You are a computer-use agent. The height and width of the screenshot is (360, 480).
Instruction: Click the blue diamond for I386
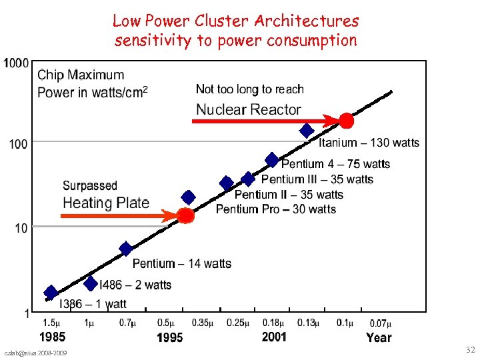[51, 293]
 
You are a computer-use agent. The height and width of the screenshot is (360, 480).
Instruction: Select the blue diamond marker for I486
[91, 284]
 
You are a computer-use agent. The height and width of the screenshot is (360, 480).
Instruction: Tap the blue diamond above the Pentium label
[125, 249]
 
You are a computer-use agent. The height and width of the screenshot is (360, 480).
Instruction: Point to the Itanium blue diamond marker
[306, 131]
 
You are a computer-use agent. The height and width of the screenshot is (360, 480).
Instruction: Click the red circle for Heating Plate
[186, 216]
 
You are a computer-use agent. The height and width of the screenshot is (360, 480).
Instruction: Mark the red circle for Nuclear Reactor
[346, 121]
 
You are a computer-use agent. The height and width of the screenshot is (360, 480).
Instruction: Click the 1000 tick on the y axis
[16, 63]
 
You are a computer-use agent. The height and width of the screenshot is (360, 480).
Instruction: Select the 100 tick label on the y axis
[19, 143]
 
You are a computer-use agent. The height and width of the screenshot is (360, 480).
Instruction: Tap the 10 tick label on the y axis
[21, 229]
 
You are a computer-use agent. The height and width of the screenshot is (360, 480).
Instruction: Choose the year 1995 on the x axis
[169, 338]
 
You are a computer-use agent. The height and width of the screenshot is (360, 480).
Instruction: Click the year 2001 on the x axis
[274, 337]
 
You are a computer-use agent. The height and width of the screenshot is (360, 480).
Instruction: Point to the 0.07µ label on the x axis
[379, 323]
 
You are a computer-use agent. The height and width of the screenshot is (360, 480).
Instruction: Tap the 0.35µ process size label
[203, 323]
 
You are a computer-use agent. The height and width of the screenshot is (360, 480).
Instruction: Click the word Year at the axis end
[379, 337]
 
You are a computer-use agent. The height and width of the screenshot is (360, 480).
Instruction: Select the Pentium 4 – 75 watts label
[335, 164]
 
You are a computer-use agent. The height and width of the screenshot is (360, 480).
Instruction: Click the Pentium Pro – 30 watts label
[276, 209]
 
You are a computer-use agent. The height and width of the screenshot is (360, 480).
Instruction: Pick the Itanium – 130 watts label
[369, 143]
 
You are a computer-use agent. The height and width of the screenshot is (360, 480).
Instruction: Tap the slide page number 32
[470, 350]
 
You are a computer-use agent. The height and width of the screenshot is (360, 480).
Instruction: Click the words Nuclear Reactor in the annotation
[248, 110]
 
